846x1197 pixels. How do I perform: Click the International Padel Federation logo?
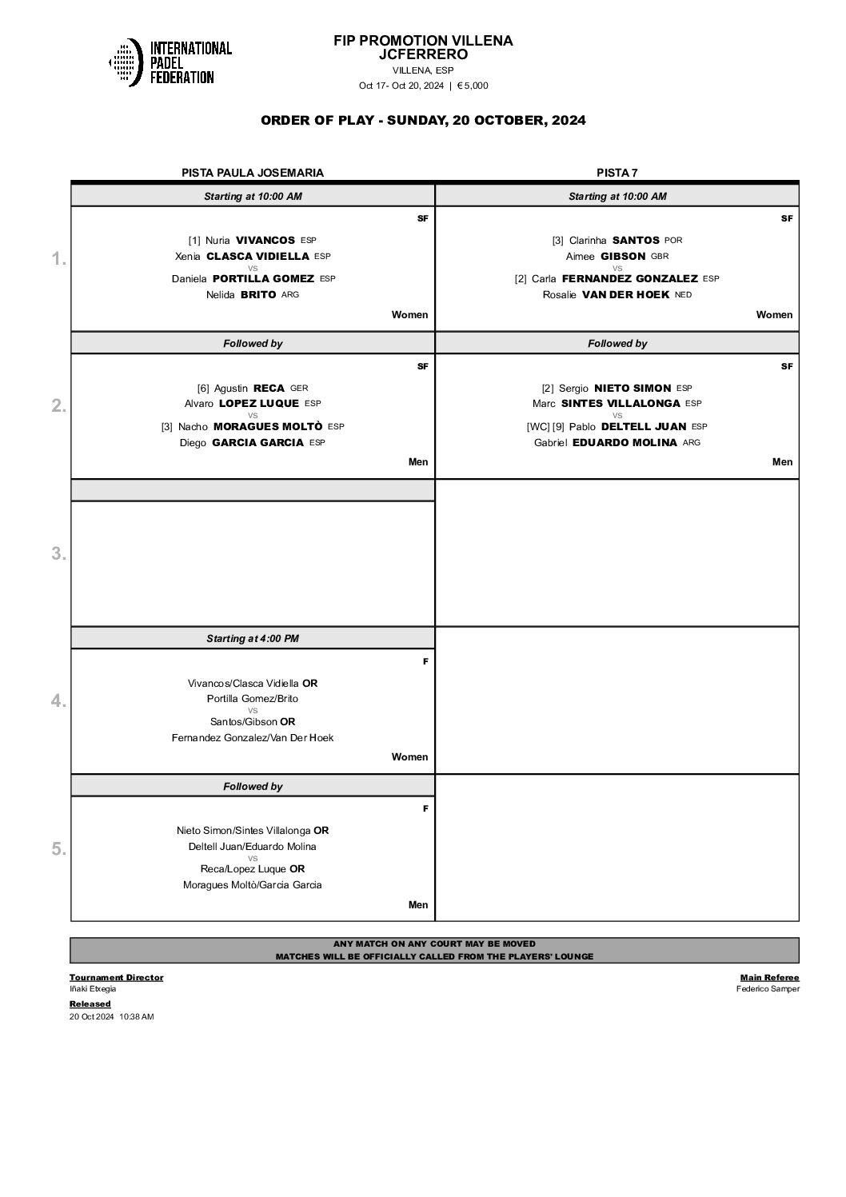170,62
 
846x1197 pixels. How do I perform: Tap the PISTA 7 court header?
617,173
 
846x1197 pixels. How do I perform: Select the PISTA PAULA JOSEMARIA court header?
253,173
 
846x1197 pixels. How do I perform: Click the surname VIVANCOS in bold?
265,240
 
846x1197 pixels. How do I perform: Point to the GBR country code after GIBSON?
659,257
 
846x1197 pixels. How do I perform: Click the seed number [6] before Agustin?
204,388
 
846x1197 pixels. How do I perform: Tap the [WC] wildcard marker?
537,427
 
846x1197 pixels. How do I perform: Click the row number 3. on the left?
58,553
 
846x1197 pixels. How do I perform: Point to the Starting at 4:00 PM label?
253,639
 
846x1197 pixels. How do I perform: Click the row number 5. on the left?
58,848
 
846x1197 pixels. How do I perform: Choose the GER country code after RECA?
298,388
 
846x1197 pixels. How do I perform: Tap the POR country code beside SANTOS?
673,240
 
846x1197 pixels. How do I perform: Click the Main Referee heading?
769,977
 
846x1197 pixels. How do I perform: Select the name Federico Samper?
768,989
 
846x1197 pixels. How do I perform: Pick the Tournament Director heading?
116,977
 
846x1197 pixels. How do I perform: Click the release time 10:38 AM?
136,1016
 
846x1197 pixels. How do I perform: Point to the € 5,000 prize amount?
473,86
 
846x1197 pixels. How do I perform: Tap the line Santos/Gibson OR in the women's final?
253,722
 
